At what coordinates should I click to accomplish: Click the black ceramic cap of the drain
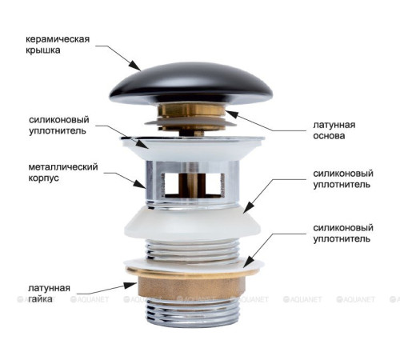pyautogui.click(x=191, y=84)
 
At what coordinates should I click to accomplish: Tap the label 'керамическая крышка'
pyautogui.click(x=58, y=44)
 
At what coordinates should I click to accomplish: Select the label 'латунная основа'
pyautogui.click(x=334, y=130)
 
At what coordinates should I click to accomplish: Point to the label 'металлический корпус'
pyautogui.click(x=63, y=172)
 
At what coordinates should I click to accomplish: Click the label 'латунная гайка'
pyautogui.click(x=49, y=293)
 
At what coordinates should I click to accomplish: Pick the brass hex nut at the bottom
pyautogui.click(x=191, y=288)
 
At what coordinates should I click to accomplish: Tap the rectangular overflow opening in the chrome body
pyautogui.click(x=193, y=185)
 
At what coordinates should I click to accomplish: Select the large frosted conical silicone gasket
pyautogui.click(x=192, y=223)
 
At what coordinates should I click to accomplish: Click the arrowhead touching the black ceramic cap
pyautogui.click(x=135, y=65)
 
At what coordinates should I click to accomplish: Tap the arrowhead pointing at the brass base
pyautogui.click(x=231, y=114)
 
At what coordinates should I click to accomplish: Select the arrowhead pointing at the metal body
pyautogui.click(x=140, y=183)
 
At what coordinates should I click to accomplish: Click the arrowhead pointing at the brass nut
pyautogui.click(x=131, y=286)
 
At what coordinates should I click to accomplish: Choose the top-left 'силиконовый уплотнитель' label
pyautogui.click(x=59, y=125)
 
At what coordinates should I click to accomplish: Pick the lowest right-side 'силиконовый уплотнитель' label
pyautogui.click(x=343, y=233)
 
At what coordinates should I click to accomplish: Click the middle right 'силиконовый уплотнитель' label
pyautogui.click(x=343, y=179)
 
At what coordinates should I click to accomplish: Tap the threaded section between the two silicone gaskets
pyautogui.click(x=192, y=250)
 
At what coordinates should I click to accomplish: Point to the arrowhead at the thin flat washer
pyautogui.click(x=248, y=262)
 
